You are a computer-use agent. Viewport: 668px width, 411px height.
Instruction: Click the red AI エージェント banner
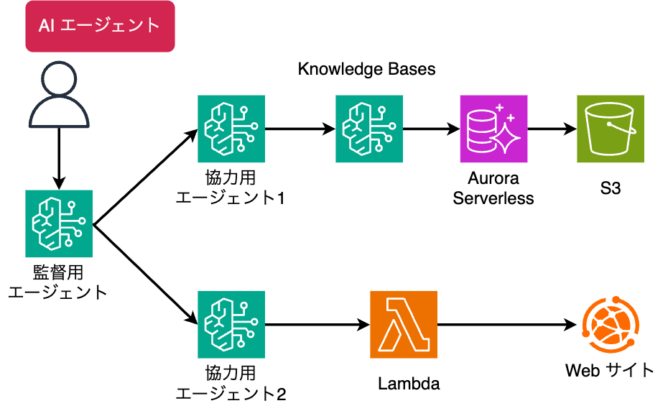pyautogui.click(x=99, y=27)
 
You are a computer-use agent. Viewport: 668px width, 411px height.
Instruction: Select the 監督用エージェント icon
pyautogui.click(x=59, y=224)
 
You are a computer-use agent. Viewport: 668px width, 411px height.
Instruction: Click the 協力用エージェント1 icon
pyautogui.click(x=231, y=129)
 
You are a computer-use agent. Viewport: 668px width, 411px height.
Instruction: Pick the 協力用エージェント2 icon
pyautogui.click(x=231, y=325)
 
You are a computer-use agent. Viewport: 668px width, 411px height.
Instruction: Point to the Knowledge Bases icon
pyautogui.click(x=368, y=129)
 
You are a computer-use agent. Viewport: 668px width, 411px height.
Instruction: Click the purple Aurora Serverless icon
pyautogui.click(x=494, y=129)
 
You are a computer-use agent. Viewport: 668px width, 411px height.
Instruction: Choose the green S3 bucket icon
pyautogui.click(x=611, y=129)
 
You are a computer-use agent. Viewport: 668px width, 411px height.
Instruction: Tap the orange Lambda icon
pyautogui.click(x=404, y=325)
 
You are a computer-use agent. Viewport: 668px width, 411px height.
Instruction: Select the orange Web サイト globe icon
pyautogui.click(x=611, y=325)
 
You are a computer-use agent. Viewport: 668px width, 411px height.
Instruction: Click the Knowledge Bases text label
pyautogui.click(x=367, y=70)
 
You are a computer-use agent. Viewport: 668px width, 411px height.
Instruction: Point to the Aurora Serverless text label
pyautogui.click(x=493, y=188)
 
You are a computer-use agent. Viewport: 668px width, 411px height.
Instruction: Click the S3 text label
pyautogui.click(x=611, y=188)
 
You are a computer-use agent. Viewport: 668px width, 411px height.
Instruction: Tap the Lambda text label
pyautogui.click(x=409, y=384)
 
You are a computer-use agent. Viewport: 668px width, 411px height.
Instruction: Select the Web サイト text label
pyautogui.click(x=611, y=371)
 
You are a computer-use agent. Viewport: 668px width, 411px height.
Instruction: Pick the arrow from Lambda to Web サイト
pyautogui.click(x=507, y=325)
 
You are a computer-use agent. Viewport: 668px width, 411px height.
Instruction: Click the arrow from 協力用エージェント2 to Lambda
pyautogui.click(x=317, y=325)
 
